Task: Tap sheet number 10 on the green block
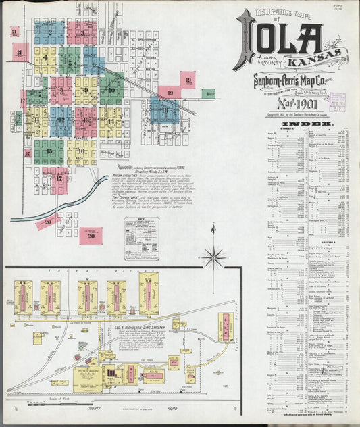click(111, 89)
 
